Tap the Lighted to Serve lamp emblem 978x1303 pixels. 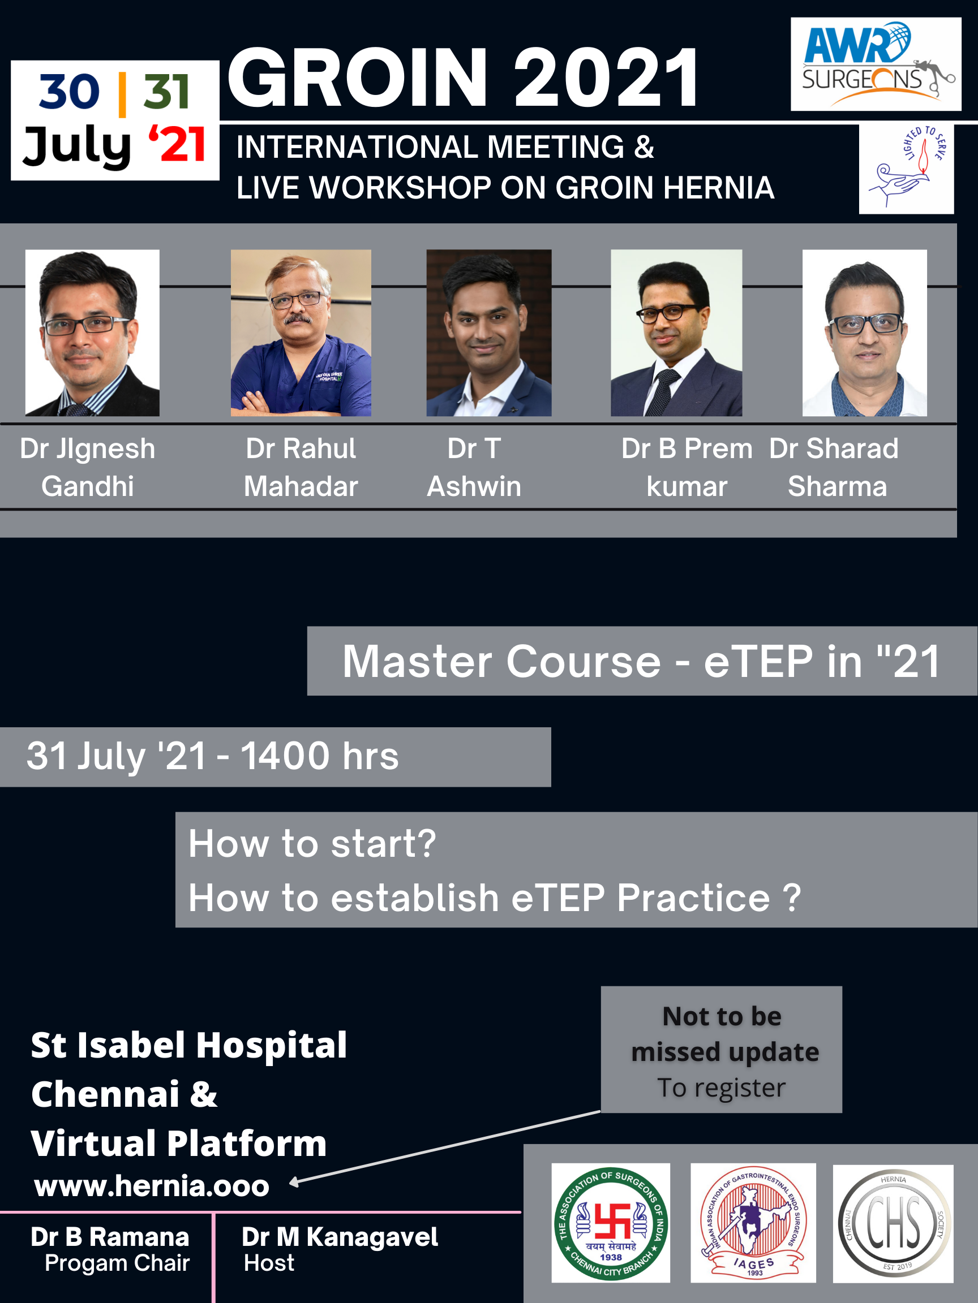[906, 169]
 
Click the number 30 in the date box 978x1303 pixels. [70, 92]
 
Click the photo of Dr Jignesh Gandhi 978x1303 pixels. [92, 333]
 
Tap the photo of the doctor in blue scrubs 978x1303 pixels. [301, 333]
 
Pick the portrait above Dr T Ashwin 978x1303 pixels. [488, 333]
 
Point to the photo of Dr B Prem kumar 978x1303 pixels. [676, 333]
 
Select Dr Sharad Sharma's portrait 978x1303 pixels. [864, 333]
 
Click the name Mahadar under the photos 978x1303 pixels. [301, 486]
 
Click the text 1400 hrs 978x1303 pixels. [320, 756]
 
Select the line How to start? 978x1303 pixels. [312, 844]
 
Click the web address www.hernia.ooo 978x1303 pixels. [152, 1185]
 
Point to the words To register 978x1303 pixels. [722, 1088]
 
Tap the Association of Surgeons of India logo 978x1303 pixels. [611, 1223]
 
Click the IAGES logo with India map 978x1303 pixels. [753, 1223]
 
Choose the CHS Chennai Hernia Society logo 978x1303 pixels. [893, 1223]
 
